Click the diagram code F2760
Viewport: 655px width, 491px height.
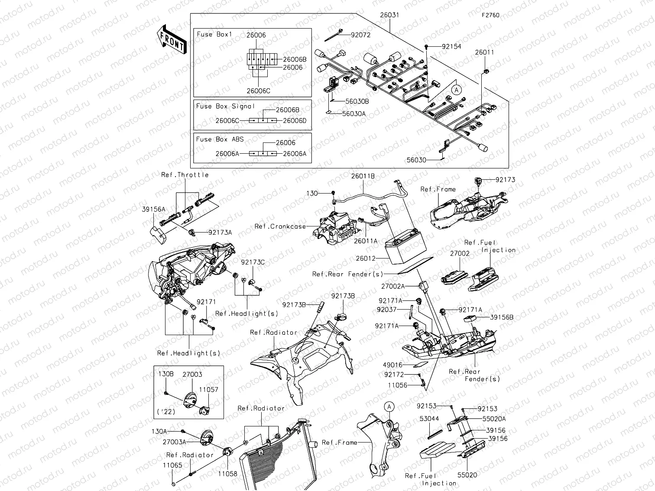(x=490, y=15)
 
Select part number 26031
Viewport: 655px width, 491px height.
(x=389, y=15)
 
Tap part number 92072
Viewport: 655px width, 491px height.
(x=360, y=35)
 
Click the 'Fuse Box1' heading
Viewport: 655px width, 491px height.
(x=214, y=34)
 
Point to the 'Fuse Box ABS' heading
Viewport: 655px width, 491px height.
(x=220, y=139)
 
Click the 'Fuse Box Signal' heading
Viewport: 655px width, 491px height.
(x=225, y=106)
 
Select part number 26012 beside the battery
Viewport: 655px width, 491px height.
(x=366, y=258)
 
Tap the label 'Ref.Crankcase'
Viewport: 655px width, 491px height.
(x=280, y=226)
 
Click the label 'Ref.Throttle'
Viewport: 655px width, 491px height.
(x=185, y=175)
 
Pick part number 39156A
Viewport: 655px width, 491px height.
(x=153, y=210)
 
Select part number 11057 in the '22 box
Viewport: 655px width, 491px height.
(x=208, y=390)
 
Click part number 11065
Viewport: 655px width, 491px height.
(x=172, y=465)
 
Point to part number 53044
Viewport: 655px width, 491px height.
(x=429, y=419)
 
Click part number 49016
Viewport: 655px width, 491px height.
(x=392, y=365)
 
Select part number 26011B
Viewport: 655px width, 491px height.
(x=363, y=176)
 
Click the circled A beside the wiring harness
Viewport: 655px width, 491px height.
(x=456, y=90)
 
